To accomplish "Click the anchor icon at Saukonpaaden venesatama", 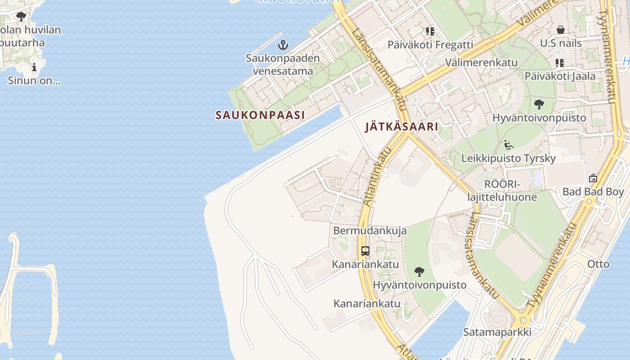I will click(x=283, y=45).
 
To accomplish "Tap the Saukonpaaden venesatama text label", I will click(x=283, y=64).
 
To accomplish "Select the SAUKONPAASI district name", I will click(x=260, y=115).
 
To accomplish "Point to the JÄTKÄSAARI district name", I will click(x=401, y=126).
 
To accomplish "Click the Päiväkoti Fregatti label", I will click(x=430, y=45).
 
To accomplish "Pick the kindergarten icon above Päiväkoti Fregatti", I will click(x=430, y=31).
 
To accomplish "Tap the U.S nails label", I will click(x=561, y=44).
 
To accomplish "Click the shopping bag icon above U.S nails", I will click(x=561, y=30).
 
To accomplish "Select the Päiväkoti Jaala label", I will click(x=560, y=76).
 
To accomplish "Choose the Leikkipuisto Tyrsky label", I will click(x=508, y=158).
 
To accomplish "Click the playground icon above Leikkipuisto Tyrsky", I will click(x=508, y=145).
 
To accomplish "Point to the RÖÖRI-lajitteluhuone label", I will click(x=502, y=190).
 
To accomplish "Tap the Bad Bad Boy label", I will click(x=593, y=192).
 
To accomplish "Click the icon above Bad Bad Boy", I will click(x=593, y=178).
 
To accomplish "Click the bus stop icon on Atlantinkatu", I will click(x=365, y=251).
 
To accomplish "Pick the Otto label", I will click(x=598, y=264).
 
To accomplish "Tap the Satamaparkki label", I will click(x=497, y=332).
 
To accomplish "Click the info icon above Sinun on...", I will click(x=34, y=68).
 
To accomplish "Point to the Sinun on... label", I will click(x=34, y=81).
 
